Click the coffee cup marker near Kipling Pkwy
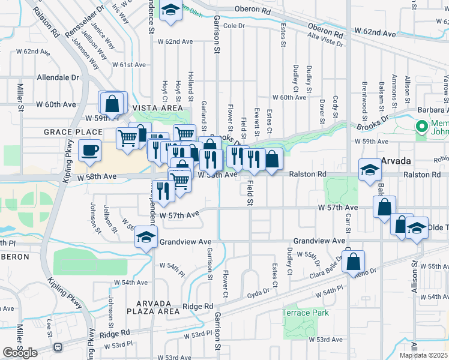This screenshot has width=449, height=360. click(x=90, y=151)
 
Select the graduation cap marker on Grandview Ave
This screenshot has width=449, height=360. click(x=146, y=237)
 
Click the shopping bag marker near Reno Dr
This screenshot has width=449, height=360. click(x=354, y=262)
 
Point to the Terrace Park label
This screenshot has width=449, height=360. click(x=306, y=313)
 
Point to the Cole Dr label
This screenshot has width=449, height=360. click(x=235, y=26)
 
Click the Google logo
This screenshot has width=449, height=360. click(x=20, y=353)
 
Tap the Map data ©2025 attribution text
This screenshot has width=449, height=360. click(x=424, y=355)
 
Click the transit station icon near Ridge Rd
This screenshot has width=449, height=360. click(x=58, y=347)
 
